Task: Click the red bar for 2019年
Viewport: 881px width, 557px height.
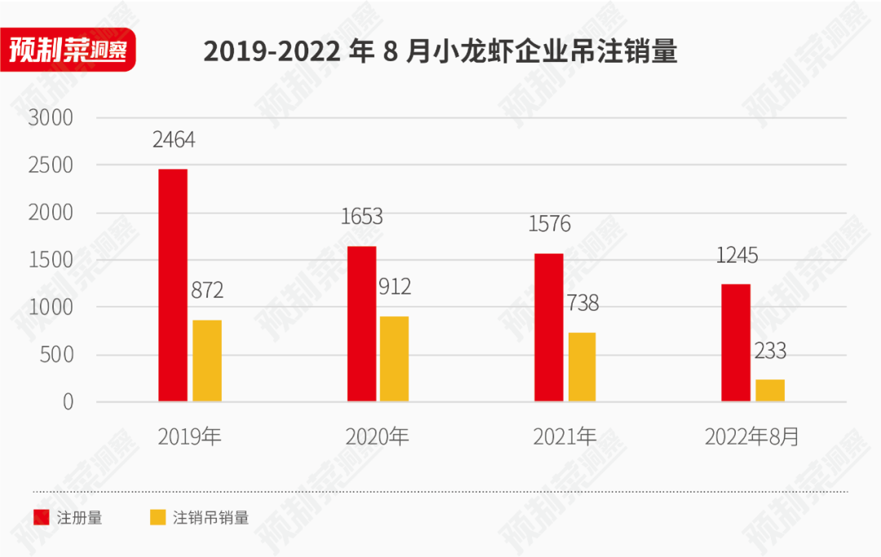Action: pyautogui.click(x=173, y=285)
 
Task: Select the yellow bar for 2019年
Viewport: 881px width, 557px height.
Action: pyautogui.click(x=207, y=360)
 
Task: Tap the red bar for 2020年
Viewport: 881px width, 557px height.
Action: pyautogui.click(x=361, y=324)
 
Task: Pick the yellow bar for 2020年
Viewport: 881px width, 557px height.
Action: pyautogui.click(x=395, y=359)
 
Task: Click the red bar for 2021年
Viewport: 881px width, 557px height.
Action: pyautogui.click(x=549, y=327)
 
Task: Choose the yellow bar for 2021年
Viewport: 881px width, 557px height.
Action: pyautogui.click(x=582, y=367)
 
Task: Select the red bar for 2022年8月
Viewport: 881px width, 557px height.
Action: pyautogui.click(x=737, y=343)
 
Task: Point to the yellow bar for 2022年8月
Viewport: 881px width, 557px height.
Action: pyautogui.click(x=770, y=391)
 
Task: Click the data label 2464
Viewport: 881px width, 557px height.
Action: pyautogui.click(x=174, y=140)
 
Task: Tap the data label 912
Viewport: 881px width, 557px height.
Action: pyautogui.click(x=395, y=287)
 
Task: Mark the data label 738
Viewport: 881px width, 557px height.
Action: pyautogui.click(x=582, y=303)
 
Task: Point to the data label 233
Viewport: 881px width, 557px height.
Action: pyautogui.click(x=770, y=351)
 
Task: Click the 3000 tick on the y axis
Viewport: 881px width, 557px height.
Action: pyautogui.click(x=51, y=118)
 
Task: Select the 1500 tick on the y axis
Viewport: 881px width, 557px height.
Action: pyautogui.click(x=51, y=260)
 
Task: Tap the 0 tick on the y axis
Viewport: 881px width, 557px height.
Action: pyautogui.click(x=68, y=402)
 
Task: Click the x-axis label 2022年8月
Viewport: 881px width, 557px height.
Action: pyautogui.click(x=752, y=437)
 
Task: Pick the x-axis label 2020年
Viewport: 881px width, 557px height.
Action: pyautogui.click(x=377, y=437)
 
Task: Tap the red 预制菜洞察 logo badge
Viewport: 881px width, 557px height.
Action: pyautogui.click(x=69, y=51)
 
